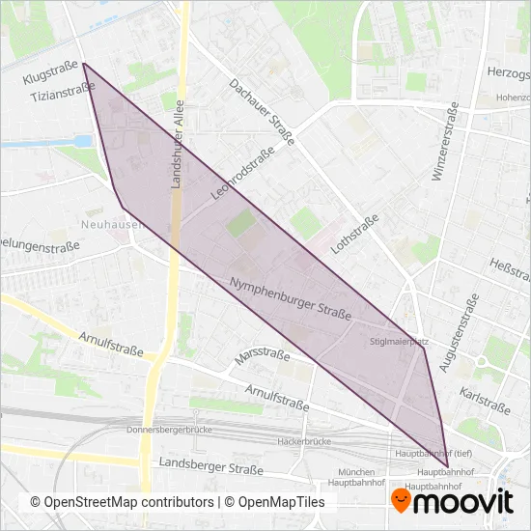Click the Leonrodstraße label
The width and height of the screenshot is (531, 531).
(x=238, y=180)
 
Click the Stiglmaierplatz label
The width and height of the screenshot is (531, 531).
(x=399, y=342)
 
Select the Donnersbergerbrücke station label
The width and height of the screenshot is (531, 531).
(x=168, y=430)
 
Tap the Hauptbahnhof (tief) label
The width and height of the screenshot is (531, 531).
(x=428, y=453)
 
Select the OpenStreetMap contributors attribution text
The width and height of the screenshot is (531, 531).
(x=122, y=502)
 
